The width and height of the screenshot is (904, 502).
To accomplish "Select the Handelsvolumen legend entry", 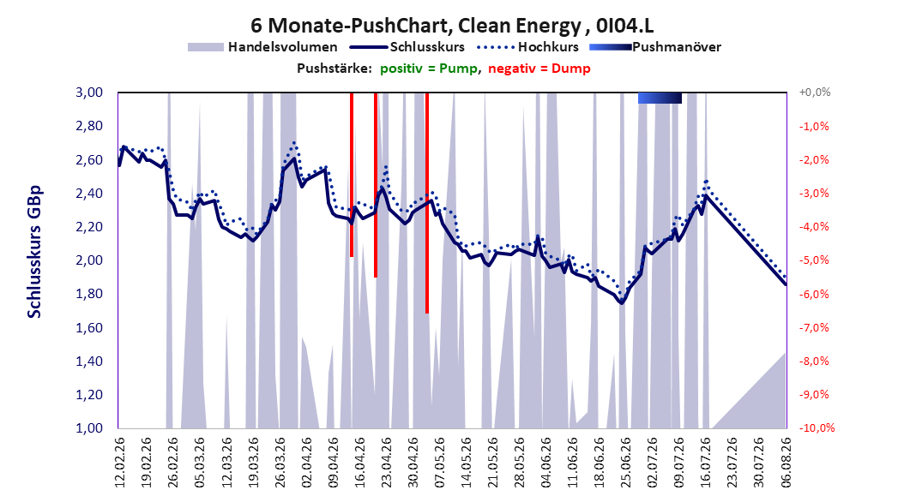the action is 262,47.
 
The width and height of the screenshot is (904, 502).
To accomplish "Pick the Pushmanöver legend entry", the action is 655,47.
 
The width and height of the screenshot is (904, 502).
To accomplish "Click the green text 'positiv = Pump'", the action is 428,69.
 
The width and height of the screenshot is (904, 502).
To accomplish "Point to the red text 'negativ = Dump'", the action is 539,69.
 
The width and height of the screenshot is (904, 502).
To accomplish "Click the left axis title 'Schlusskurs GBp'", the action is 34,252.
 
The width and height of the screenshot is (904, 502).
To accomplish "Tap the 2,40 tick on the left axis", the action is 89,194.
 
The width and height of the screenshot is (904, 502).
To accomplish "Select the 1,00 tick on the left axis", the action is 89,428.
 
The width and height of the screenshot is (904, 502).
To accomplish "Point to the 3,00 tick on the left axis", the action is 89,93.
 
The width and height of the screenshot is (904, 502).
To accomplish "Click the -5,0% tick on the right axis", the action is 814,260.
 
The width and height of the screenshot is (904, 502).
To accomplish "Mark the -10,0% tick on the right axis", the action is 817,428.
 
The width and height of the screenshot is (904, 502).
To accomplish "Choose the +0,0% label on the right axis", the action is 814,93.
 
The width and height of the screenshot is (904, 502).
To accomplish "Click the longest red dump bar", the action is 426,203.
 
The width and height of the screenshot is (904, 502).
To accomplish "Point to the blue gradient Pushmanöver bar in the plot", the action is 660,98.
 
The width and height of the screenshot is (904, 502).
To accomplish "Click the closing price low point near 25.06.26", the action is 621,302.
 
